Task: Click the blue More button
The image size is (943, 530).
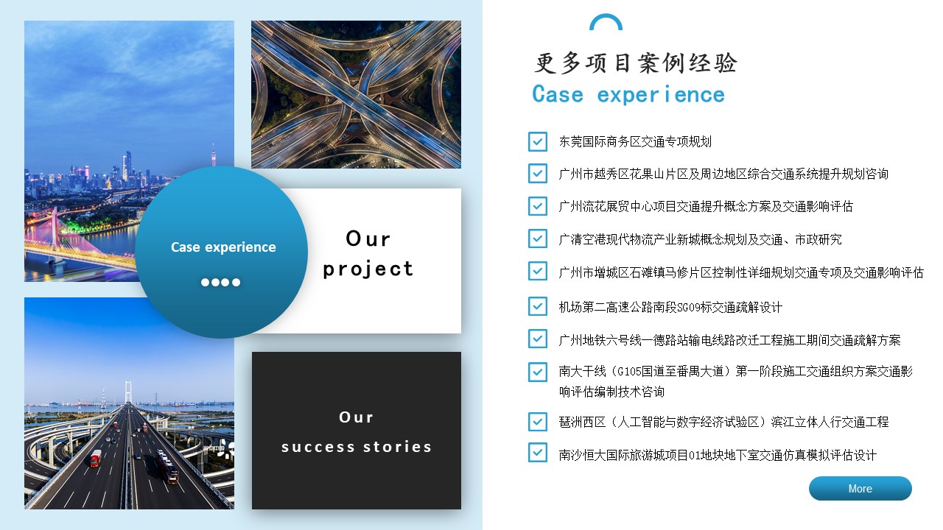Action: tap(860, 488)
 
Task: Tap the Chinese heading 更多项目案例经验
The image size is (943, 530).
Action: tap(636, 63)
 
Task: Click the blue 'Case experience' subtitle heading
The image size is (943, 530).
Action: tap(628, 94)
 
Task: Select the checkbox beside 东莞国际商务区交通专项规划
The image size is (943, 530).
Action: tap(538, 141)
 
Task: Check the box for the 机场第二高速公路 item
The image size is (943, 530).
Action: tap(538, 306)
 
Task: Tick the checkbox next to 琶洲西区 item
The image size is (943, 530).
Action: tap(538, 422)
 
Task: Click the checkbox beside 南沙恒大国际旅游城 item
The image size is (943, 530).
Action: tap(538, 453)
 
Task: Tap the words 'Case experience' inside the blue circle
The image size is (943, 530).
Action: tap(223, 247)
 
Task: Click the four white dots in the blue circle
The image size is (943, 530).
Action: tap(220, 282)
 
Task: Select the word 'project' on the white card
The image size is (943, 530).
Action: tap(368, 269)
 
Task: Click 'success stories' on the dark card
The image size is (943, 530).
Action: tap(357, 447)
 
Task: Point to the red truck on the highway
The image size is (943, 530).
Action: tap(96, 458)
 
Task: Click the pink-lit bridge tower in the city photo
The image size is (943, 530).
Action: tap(55, 227)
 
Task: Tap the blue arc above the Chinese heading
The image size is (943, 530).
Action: tap(606, 21)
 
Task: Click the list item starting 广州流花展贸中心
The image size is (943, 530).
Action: tap(706, 207)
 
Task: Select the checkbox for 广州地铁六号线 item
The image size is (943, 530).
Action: tap(538, 339)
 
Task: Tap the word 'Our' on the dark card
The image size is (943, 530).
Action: tap(356, 417)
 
